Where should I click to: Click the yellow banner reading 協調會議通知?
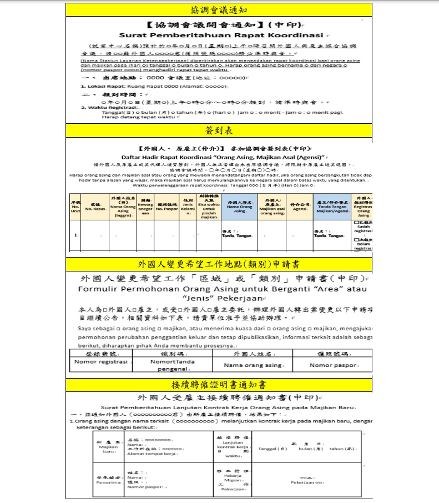[219, 9]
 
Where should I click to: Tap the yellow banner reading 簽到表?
[219, 130]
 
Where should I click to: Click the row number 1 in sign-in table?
[75, 235]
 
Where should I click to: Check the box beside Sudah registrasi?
[356, 222]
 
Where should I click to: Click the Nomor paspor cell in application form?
[332, 365]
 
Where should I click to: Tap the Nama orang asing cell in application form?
[252, 365]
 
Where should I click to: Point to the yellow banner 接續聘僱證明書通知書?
[219, 384]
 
